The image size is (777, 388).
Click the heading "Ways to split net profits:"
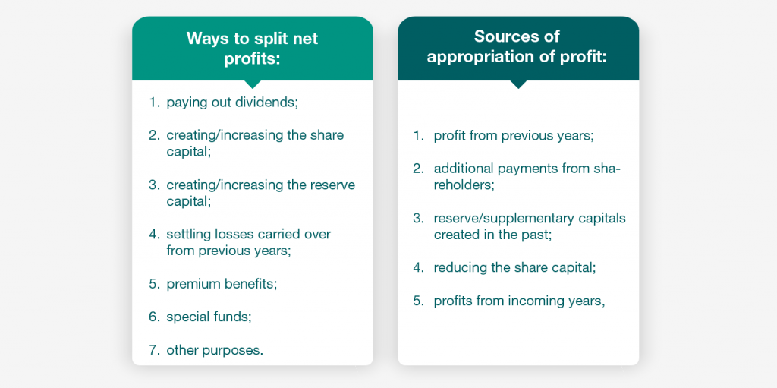(x=252, y=49)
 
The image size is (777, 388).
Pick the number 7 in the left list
(x=153, y=350)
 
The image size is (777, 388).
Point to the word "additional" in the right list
(x=463, y=169)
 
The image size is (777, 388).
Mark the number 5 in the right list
(x=418, y=301)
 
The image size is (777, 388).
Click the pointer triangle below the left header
(x=253, y=84)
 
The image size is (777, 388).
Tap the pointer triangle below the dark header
(x=518, y=84)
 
